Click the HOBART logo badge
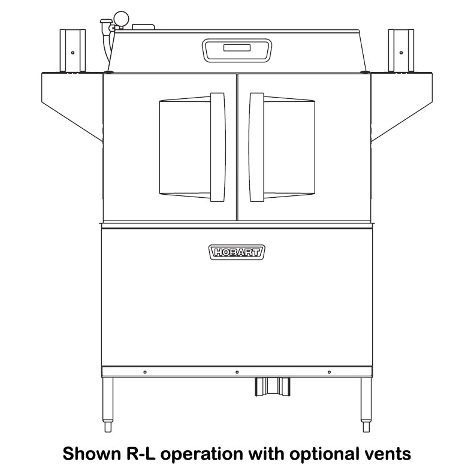(x=237, y=252)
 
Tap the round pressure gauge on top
(x=121, y=19)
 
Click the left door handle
(x=218, y=147)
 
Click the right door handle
(x=256, y=147)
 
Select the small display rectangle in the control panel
(x=237, y=48)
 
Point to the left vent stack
(x=73, y=50)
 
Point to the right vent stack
(x=401, y=50)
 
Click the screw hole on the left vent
(x=73, y=53)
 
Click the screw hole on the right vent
(x=401, y=53)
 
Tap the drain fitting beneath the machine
(x=273, y=387)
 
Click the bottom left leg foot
(x=108, y=427)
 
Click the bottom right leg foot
(x=366, y=427)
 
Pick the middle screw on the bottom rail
(x=237, y=372)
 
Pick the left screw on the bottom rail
(x=145, y=372)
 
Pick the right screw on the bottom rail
(x=329, y=372)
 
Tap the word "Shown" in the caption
(x=90, y=454)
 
